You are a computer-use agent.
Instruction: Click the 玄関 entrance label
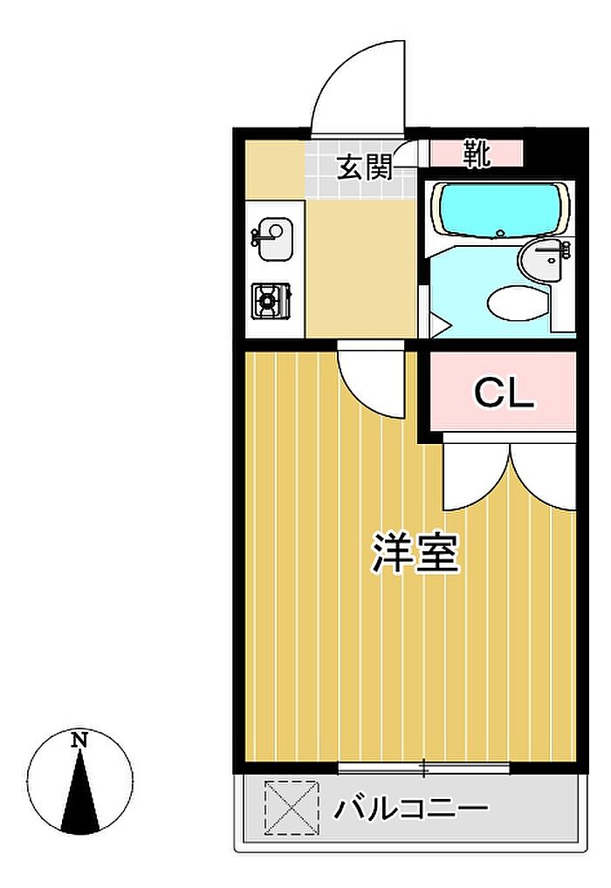(365, 167)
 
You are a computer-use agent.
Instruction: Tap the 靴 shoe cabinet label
(476, 154)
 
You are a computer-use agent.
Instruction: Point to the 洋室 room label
(415, 553)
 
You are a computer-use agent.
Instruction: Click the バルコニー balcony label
(410, 809)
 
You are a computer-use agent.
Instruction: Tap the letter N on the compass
(80, 740)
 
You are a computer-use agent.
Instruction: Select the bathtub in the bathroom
(500, 210)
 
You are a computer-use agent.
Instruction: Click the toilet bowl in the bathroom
(518, 303)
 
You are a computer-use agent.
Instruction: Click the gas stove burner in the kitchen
(271, 301)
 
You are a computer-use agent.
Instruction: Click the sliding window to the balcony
(424, 768)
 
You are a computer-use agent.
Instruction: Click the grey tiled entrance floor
(360, 170)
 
